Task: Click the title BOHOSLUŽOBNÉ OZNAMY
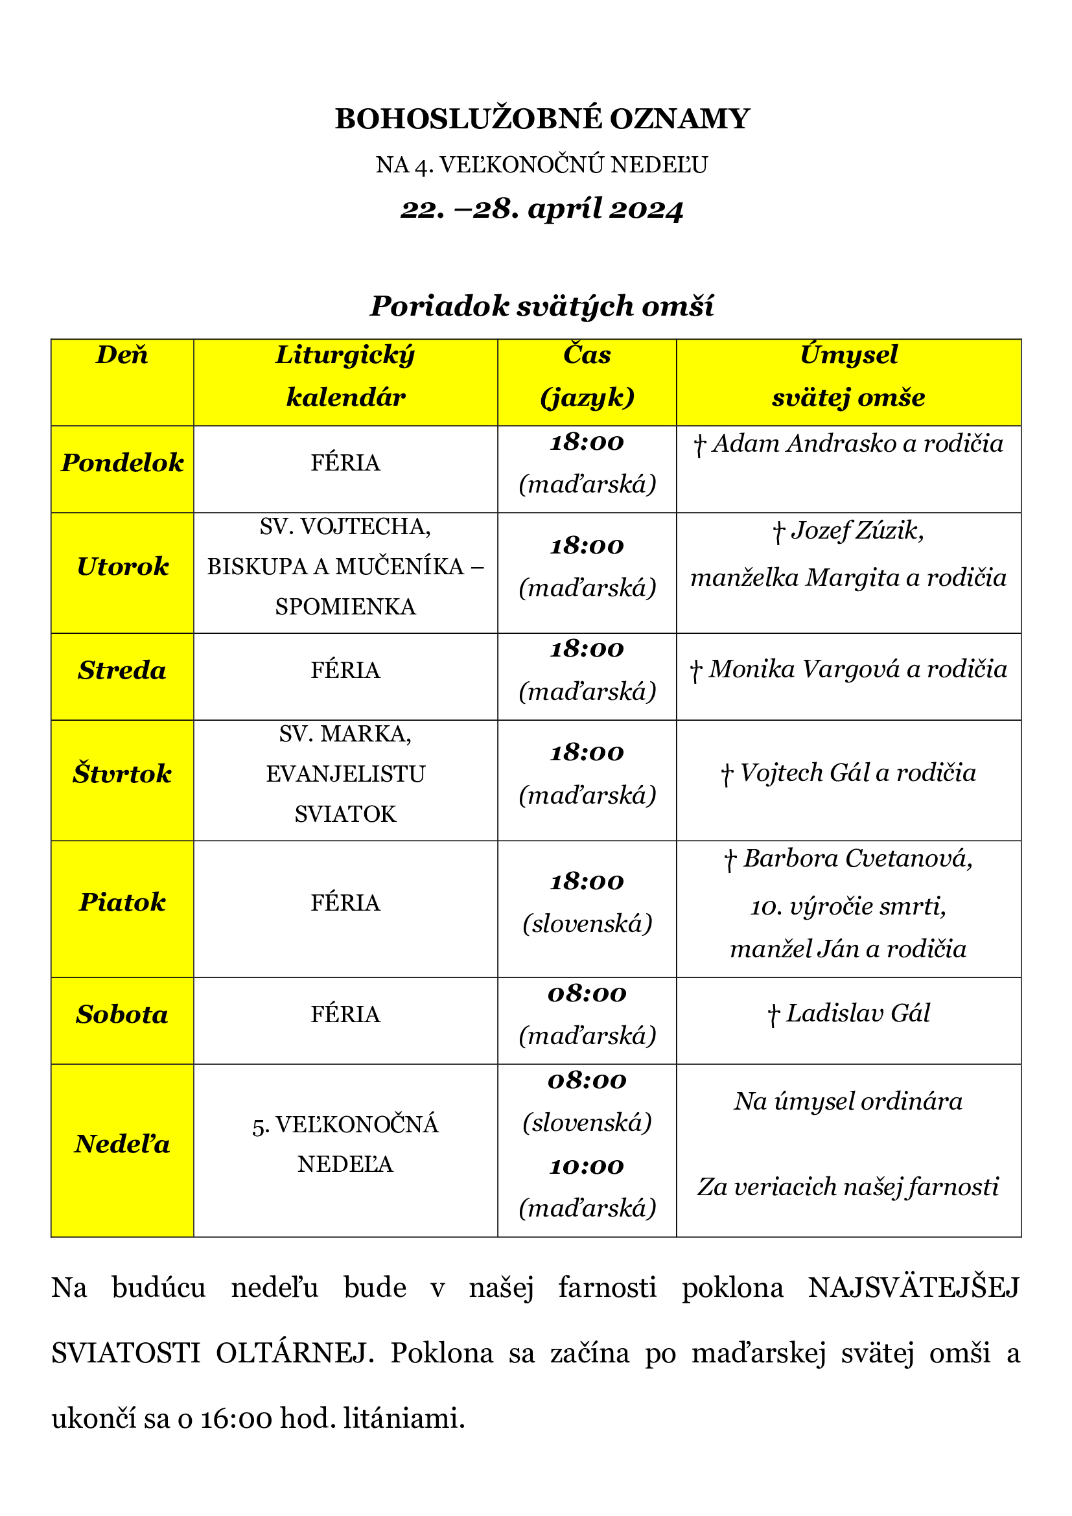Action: coord(542,119)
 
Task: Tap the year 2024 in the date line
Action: coord(646,209)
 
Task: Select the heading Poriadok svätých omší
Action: coord(542,306)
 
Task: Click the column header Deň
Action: coord(122,355)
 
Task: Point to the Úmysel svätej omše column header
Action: coord(848,376)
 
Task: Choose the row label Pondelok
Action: coord(122,463)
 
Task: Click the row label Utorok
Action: coord(122,566)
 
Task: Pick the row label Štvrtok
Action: coord(122,774)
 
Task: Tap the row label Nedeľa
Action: coord(122,1143)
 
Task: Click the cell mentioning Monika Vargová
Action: coord(848,670)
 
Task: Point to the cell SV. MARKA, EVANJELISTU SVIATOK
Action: coord(345,774)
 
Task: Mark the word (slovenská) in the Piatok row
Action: coord(587,923)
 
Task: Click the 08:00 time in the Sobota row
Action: coord(587,994)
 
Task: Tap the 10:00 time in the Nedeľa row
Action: coord(587,1166)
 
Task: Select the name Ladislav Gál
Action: coord(857,1014)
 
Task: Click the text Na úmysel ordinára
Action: coord(848,1101)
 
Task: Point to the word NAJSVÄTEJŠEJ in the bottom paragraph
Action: coord(914,1288)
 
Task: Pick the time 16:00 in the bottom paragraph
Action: coord(236,1418)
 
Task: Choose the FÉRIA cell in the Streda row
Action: coord(345,670)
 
